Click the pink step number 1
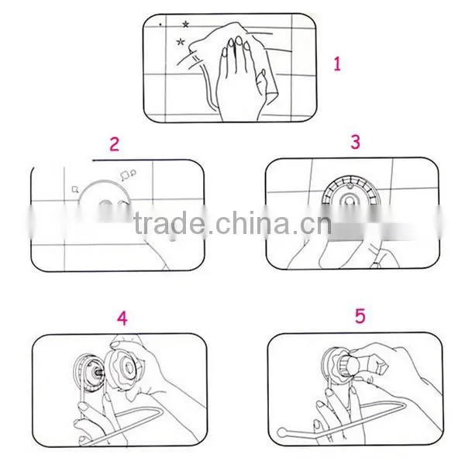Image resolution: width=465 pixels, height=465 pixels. point(337,64)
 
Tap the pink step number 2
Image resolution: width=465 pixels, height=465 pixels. point(115,144)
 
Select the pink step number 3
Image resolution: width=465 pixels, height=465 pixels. point(355,142)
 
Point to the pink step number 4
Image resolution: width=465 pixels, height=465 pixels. point(122,319)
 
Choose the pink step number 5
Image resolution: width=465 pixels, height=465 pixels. point(360,316)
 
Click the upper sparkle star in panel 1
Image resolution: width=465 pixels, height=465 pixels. point(186,24)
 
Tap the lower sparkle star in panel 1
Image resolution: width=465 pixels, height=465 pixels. point(181,42)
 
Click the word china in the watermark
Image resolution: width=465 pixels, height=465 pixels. point(251,222)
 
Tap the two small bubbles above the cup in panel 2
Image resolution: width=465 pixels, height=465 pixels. point(128,175)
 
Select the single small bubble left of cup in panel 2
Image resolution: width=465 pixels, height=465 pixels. point(75,189)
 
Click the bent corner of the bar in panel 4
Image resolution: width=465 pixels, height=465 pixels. point(161,411)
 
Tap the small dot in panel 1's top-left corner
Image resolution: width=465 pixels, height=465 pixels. point(160,25)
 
